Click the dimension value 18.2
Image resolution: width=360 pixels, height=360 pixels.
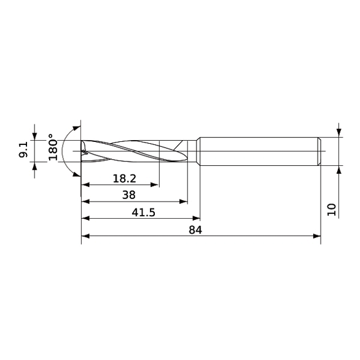124,178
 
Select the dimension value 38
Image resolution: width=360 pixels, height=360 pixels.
128,195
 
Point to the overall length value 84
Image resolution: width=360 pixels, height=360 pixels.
195,230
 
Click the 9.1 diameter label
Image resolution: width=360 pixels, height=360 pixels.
23,151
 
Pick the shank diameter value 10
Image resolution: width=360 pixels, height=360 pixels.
332,208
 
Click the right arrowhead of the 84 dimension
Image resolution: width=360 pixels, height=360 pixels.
318,235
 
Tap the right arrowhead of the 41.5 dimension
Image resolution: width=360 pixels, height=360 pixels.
197,218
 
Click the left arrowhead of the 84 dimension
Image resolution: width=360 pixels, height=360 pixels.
85,235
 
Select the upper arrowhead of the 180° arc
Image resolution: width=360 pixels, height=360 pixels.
77,128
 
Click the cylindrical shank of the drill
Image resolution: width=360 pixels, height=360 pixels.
258,151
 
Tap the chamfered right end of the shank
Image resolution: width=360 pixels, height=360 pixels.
319,151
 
